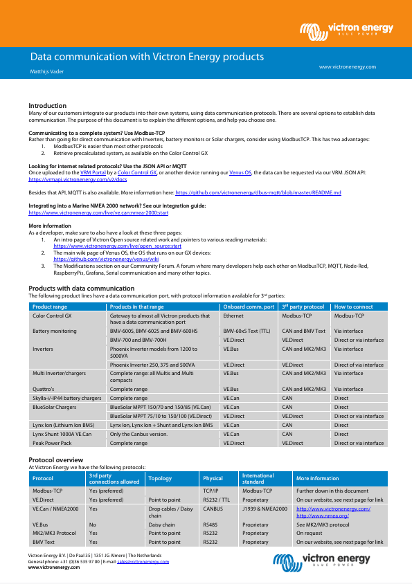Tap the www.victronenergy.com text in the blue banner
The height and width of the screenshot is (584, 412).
point(347,67)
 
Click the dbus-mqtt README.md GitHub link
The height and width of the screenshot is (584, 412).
point(258,193)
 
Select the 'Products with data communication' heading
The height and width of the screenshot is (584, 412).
point(81,288)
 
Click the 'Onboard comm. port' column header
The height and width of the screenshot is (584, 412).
point(248,307)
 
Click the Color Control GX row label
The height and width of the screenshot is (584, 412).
point(52,316)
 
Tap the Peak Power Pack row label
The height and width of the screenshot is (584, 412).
point(52,443)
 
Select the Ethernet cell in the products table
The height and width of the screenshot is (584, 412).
point(233,316)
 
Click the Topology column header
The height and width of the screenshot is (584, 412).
point(160,478)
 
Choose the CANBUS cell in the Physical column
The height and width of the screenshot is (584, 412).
point(213,509)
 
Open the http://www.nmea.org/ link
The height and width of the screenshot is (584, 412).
point(322,515)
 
